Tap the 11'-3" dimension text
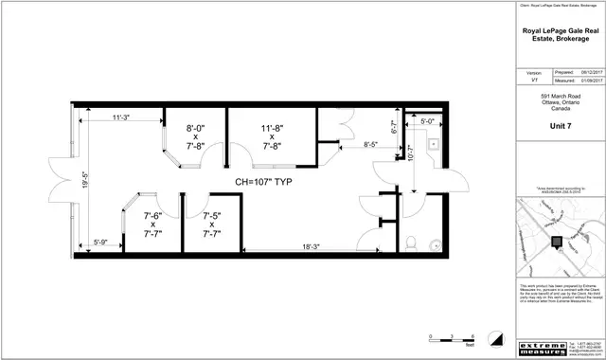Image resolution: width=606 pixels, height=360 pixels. (120, 117)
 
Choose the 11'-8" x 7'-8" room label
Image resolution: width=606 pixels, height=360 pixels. (273, 136)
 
